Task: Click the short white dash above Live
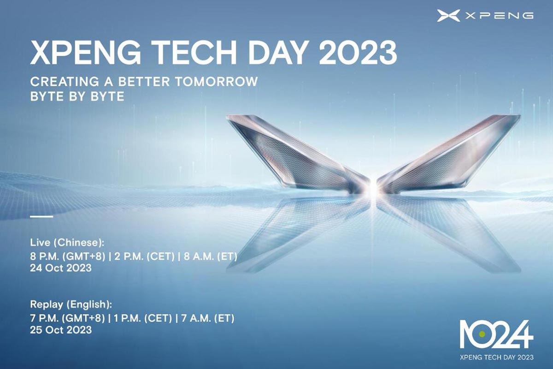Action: pos(41,216)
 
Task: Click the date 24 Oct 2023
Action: pos(60,268)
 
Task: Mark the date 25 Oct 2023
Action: pos(60,330)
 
